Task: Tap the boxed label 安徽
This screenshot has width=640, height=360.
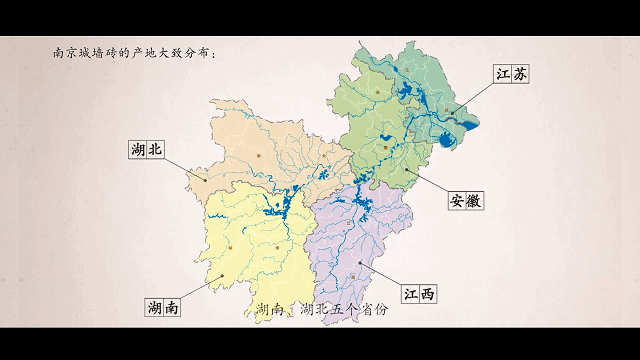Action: (x=465, y=199)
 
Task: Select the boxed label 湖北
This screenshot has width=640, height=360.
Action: (x=146, y=150)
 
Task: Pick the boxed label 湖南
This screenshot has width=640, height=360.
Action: (x=162, y=307)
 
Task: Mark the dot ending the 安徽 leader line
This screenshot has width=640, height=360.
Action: (x=409, y=169)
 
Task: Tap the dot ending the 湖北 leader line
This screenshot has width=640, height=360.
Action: (x=206, y=180)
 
